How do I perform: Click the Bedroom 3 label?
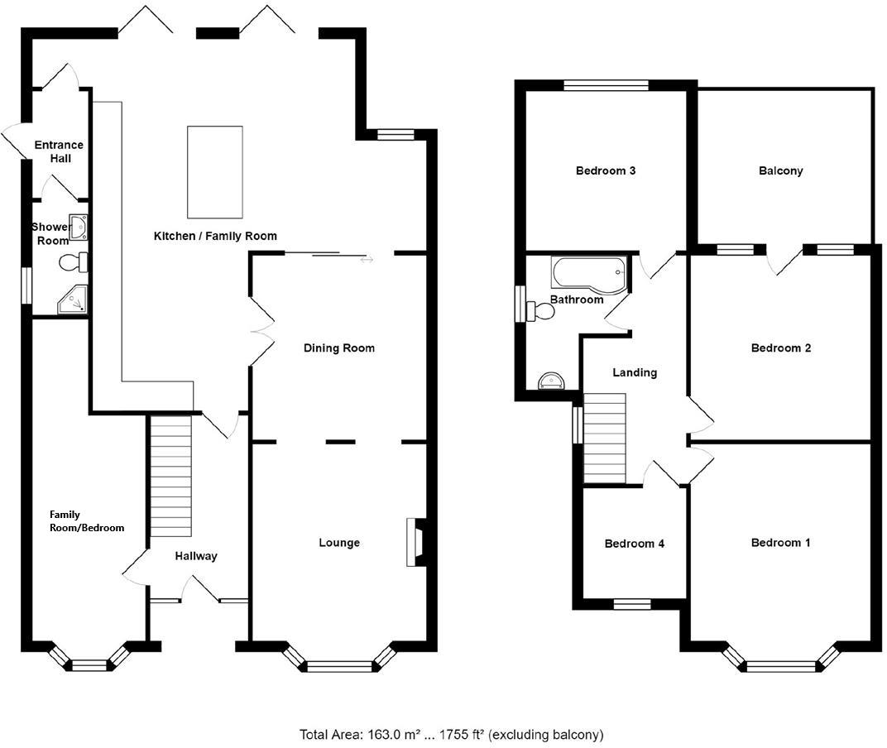point(605,171)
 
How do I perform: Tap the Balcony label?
point(780,171)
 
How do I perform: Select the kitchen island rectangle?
point(215,171)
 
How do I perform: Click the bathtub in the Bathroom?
point(589,271)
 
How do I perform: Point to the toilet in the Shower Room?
point(72,263)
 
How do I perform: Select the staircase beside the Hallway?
point(172,476)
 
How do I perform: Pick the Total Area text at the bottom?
point(451,734)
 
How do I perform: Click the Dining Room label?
point(338,348)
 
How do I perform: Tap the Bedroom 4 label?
point(634,544)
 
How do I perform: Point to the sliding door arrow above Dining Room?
point(367,260)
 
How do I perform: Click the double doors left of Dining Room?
point(261,331)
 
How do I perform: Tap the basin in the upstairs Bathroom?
point(551,381)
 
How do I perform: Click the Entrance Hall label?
point(58,151)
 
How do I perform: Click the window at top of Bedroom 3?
point(606,84)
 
